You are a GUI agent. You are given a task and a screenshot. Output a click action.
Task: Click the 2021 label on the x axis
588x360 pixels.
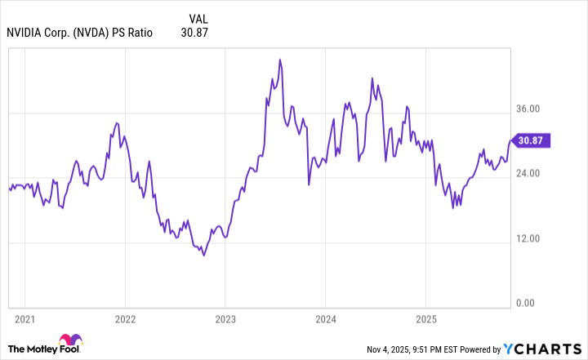24,318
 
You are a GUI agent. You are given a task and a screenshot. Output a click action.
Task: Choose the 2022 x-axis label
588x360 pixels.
125,318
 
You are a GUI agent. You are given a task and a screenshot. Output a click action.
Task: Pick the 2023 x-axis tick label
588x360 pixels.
225,318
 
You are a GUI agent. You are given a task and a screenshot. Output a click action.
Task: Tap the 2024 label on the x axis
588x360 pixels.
326,318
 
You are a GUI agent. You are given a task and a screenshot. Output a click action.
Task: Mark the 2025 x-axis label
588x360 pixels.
426,318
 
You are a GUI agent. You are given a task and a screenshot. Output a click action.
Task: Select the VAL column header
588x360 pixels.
198,18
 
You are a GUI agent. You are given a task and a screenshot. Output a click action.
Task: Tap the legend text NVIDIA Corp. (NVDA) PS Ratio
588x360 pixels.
79,33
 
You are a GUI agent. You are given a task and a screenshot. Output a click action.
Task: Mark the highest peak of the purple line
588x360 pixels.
280,60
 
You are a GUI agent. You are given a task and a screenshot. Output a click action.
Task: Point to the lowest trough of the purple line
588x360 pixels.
203,256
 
